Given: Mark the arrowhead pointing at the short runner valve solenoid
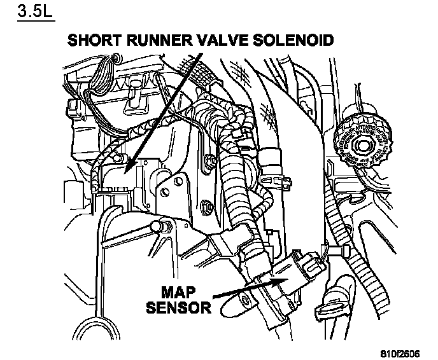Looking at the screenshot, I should coord(129,167).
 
